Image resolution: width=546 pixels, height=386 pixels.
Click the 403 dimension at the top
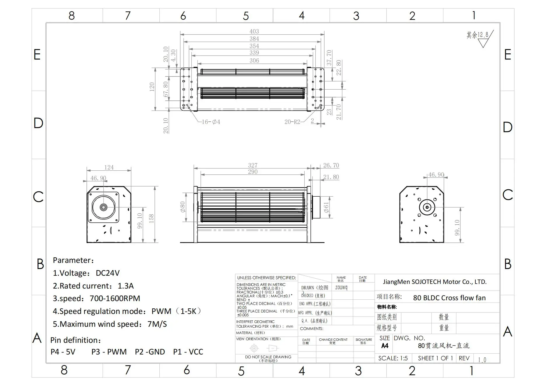(x=254, y=31)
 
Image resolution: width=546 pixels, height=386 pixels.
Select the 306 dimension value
(x=254, y=60)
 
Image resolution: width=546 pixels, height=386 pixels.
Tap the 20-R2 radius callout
(x=292, y=122)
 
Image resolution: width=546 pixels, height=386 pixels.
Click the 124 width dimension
(x=109, y=167)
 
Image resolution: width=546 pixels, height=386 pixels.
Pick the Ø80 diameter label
(x=183, y=207)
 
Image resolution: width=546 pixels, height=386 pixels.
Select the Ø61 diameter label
(x=327, y=207)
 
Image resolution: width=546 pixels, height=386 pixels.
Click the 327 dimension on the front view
(x=253, y=165)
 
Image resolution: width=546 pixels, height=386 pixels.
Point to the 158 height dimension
(x=151, y=218)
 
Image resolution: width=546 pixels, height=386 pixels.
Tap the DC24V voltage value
(x=108, y=273)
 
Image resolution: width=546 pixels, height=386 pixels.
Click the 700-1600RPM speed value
(x=115, y=298)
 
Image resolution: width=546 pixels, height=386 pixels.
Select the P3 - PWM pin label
(x=109, y=352)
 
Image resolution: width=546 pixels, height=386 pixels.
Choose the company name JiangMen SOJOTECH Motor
(x=435, y=282)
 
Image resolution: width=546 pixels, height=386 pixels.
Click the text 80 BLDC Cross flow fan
(x=449, y=298)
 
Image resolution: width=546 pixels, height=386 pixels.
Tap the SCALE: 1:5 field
(x=393, y=358)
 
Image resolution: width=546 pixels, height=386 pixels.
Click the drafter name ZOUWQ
(x=341, y=287)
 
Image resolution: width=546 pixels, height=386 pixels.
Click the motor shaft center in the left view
(x=103, y=207)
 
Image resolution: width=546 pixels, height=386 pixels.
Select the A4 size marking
(x=385, y=346)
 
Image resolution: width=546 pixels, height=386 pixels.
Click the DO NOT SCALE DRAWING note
(x=268, y=357)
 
